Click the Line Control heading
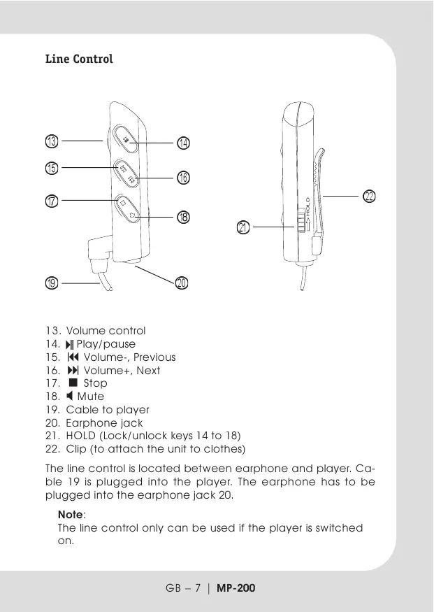point(79,59)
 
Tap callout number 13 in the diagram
point(52,141)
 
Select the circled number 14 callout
point(183,143)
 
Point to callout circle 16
point(183,178)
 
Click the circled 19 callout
point(52,283)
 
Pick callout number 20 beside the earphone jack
point(182,283)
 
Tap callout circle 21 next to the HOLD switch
point(244,227)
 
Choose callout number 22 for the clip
point(370,197)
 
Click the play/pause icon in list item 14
point(70,344)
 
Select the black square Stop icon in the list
point(73,383)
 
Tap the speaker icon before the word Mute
point(70,397)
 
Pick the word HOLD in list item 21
point(81,436)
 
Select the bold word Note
point(71,514)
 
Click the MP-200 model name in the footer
point(236,588)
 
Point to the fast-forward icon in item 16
point(71,371)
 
